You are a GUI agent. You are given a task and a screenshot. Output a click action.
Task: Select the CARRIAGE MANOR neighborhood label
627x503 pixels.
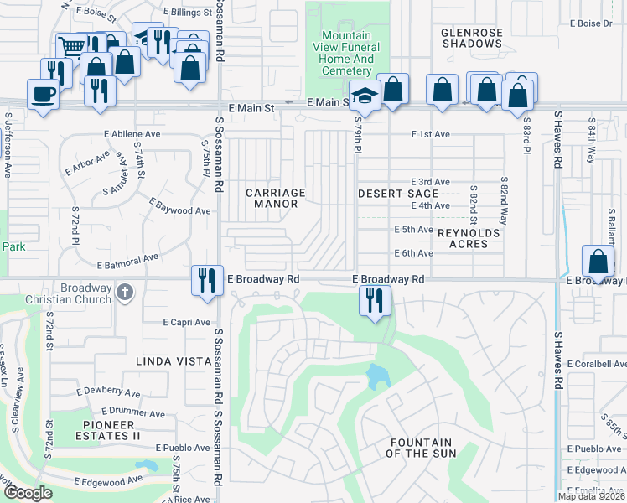point(276,198)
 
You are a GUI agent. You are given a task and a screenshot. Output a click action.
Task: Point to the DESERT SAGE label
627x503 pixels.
point(398,194)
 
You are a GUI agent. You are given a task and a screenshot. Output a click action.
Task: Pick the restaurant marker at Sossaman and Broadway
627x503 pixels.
point(205,279)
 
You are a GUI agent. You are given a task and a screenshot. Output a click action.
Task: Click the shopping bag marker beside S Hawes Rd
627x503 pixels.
point(598,262)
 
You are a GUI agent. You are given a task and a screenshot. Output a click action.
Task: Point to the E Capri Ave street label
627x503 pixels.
point(187,322)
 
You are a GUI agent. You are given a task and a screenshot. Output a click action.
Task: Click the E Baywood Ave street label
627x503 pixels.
point(179,207)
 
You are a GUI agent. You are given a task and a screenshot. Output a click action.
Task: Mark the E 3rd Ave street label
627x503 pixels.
point(430,182)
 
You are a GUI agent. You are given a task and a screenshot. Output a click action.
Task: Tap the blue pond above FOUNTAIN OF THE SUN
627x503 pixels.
point(379,376)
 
